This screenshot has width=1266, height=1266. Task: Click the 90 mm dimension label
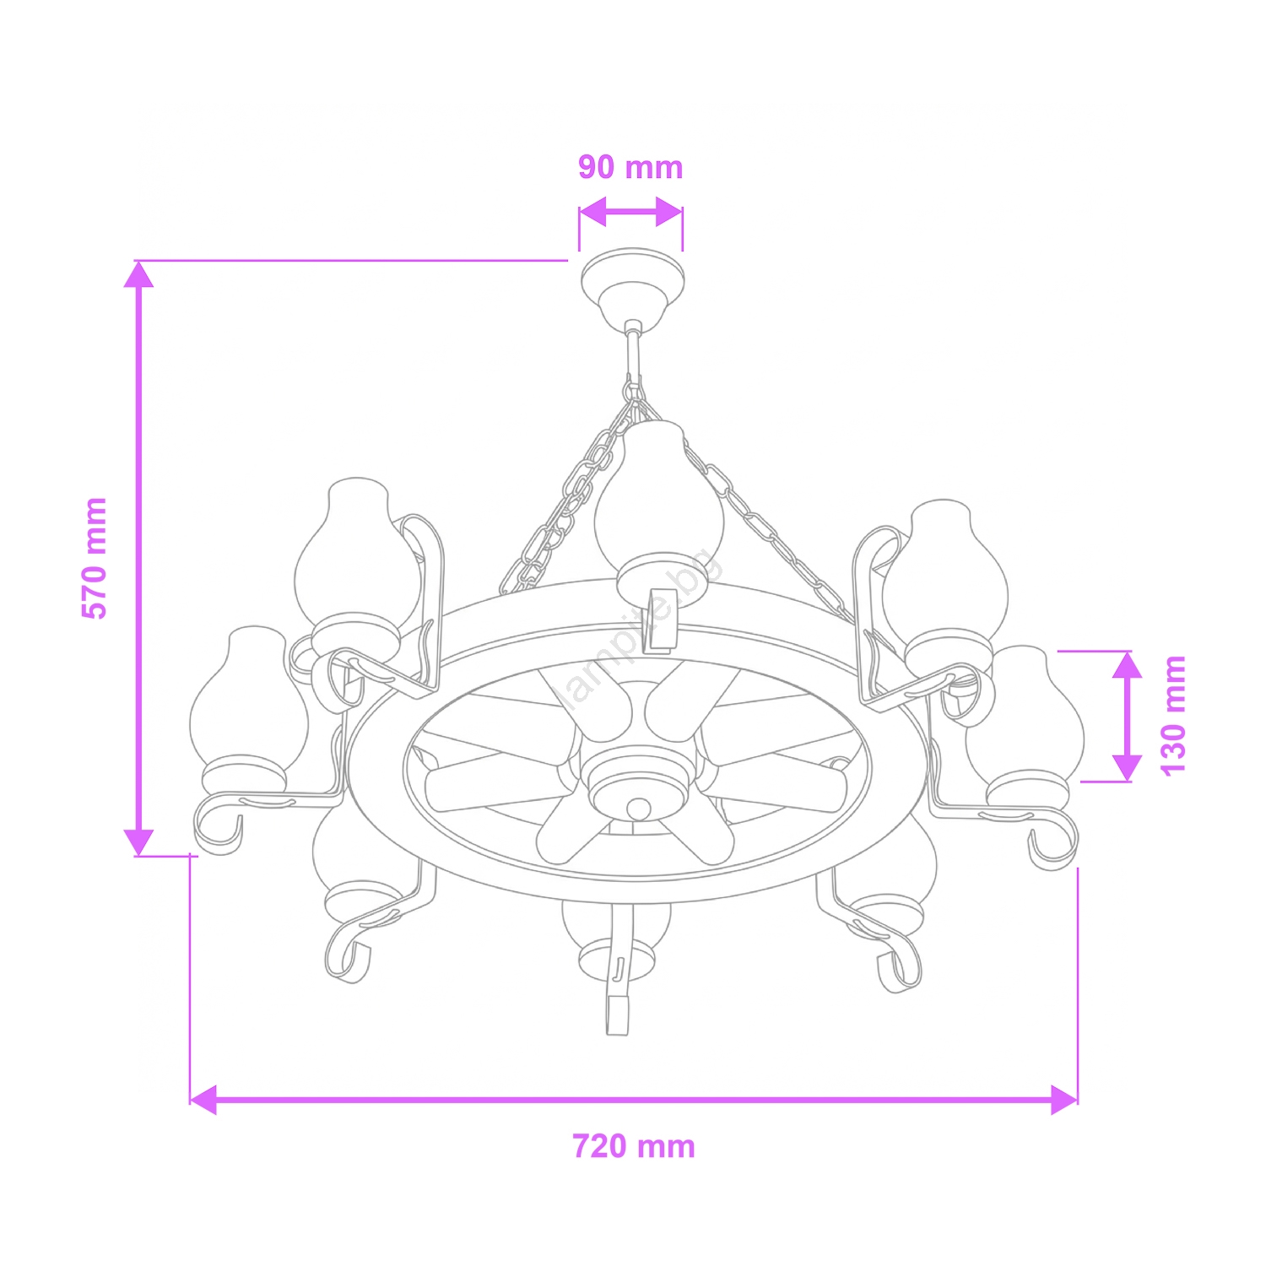(x=630, y=168)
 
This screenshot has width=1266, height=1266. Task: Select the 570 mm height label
(x=95, y=558)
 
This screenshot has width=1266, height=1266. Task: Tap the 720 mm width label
(x=634, y=1147)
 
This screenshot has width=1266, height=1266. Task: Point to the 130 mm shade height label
(x=1173, y=715)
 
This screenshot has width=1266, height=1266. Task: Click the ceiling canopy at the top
(x=632, y=282)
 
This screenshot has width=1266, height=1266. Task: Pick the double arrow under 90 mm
(x=630, y=213)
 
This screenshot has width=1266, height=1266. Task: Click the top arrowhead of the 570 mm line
(x=138, y=275)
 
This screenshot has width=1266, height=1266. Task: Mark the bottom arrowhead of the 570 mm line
(x=138, y=841)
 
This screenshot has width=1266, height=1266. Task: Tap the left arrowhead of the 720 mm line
(x=203, y=1100)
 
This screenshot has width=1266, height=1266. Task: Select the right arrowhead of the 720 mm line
(x=1064, y=1100)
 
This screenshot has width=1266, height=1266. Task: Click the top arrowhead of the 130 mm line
(x=1127, y=665)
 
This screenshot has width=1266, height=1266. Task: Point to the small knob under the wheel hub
(x=639, y=809)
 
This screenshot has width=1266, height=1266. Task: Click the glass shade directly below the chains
(x=658, y=506)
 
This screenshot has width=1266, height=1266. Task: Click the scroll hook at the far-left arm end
(x=218, y=827)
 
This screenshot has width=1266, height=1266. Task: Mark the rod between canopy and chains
(x=632, y=354)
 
